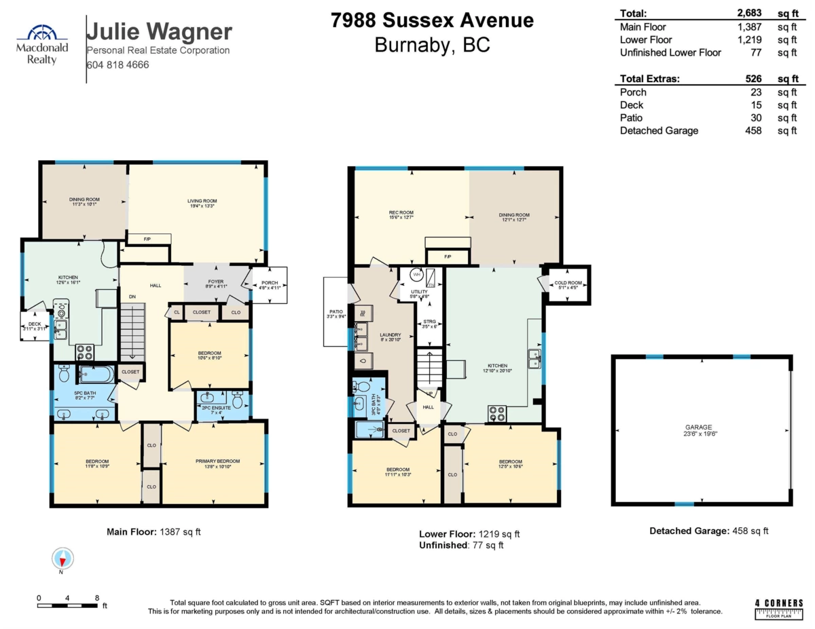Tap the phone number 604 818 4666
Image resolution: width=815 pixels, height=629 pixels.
tap(117, 65)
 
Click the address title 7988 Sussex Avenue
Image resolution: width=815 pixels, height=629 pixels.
tap(432, 21)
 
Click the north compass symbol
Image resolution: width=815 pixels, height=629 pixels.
tap(62, 559)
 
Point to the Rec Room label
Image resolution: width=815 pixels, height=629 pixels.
tap(401, 212)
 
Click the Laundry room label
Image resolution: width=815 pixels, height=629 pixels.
tap(391, 335)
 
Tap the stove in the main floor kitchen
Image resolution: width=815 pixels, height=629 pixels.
tap(84, 352)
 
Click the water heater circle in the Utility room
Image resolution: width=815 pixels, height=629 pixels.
tap(415, 276)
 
